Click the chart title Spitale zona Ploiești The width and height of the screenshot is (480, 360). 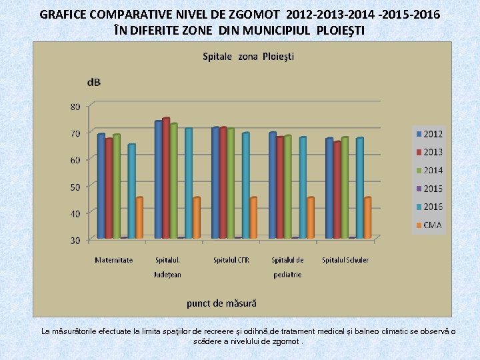(x=248, y=56)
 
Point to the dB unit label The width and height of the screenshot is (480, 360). (x=94, y=82)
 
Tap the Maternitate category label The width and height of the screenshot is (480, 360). (x=113, y=260)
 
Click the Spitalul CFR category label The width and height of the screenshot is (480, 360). (x=231, y=260)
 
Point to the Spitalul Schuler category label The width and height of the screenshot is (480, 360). (x=345, y=260)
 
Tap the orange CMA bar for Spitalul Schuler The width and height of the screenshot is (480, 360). (x=367, y=217)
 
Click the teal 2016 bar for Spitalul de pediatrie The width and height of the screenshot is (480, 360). (x=303, y=187)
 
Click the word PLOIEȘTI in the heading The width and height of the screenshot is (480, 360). (x=341, y=31)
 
